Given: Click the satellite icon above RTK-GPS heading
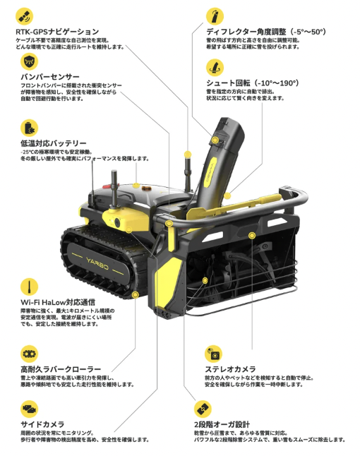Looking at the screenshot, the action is click(x=25, y=16).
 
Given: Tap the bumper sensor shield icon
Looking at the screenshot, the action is click(x=30, y=61).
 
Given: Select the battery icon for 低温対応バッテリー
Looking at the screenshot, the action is click(x=30, y=128).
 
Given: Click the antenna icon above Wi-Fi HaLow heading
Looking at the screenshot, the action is click(x=30, y=287).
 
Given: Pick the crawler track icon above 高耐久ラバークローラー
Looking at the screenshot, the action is click(x=30, y=354).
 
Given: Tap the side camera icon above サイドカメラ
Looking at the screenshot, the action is click(x=30, y=409).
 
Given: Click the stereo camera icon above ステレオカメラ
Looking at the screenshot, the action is click(x=213, y=354).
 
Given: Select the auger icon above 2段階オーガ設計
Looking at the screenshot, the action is click(x=203, y=409).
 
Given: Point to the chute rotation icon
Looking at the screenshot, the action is click(x=215, y=68).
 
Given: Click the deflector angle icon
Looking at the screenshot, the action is click(x=215, y=16).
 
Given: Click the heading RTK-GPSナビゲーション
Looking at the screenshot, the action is click(x=57, y=31).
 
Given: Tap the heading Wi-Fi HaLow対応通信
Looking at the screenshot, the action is click(x=58, y=302).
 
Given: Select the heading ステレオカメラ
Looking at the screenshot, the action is click(x=230, y=369).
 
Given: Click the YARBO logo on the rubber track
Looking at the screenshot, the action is click(x=97, y=263).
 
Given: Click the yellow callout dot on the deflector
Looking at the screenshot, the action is click(x=215, y=140).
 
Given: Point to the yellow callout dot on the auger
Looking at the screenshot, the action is click(x=205, y=280).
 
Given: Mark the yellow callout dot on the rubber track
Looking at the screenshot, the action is click(x=135, y=295).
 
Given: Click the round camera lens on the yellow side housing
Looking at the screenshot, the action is click(x=117, y=222).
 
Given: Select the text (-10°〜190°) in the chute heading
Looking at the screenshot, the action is click(x=276, y=83).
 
